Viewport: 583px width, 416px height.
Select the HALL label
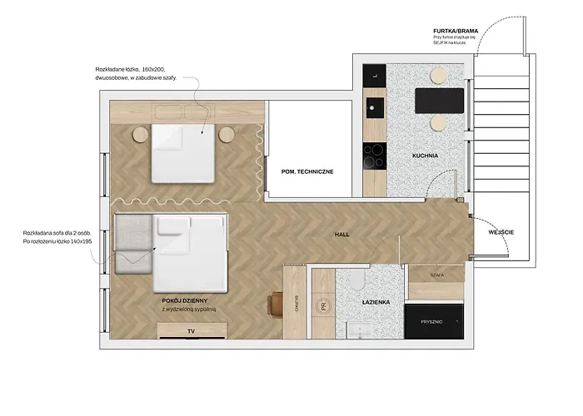click(341, 235)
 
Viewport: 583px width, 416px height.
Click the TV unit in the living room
click(192, 331)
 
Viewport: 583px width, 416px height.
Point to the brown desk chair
click(275, 305)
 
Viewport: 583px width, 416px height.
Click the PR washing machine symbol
click(322, 306)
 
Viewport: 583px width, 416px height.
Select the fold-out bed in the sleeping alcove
click(183, 152)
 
